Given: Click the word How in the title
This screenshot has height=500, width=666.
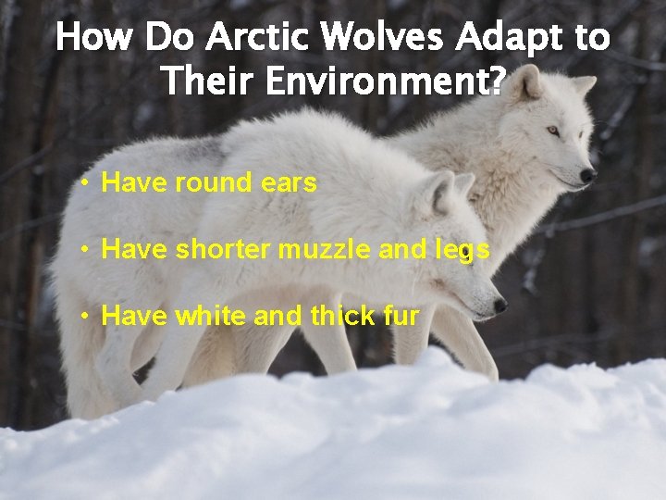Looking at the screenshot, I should [x=93, y=38].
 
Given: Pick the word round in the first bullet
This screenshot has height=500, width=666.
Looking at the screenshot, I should [x=212, y=182].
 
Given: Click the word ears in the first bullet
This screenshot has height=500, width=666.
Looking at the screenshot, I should [x=290, y=182].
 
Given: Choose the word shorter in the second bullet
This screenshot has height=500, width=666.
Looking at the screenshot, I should [x=222, y=249].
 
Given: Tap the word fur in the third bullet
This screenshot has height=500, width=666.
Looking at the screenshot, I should [x=401, y=316].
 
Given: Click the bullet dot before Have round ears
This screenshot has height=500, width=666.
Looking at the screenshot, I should [x=84, y=182].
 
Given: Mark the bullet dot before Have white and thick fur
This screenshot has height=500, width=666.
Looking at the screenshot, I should [x=84, y=316].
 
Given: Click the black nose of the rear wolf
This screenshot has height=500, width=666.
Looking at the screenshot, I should [x=586, y=174].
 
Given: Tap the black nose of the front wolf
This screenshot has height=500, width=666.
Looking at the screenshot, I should [x=499, y=304].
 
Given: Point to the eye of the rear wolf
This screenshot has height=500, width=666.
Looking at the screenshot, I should [x=553, y=131].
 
